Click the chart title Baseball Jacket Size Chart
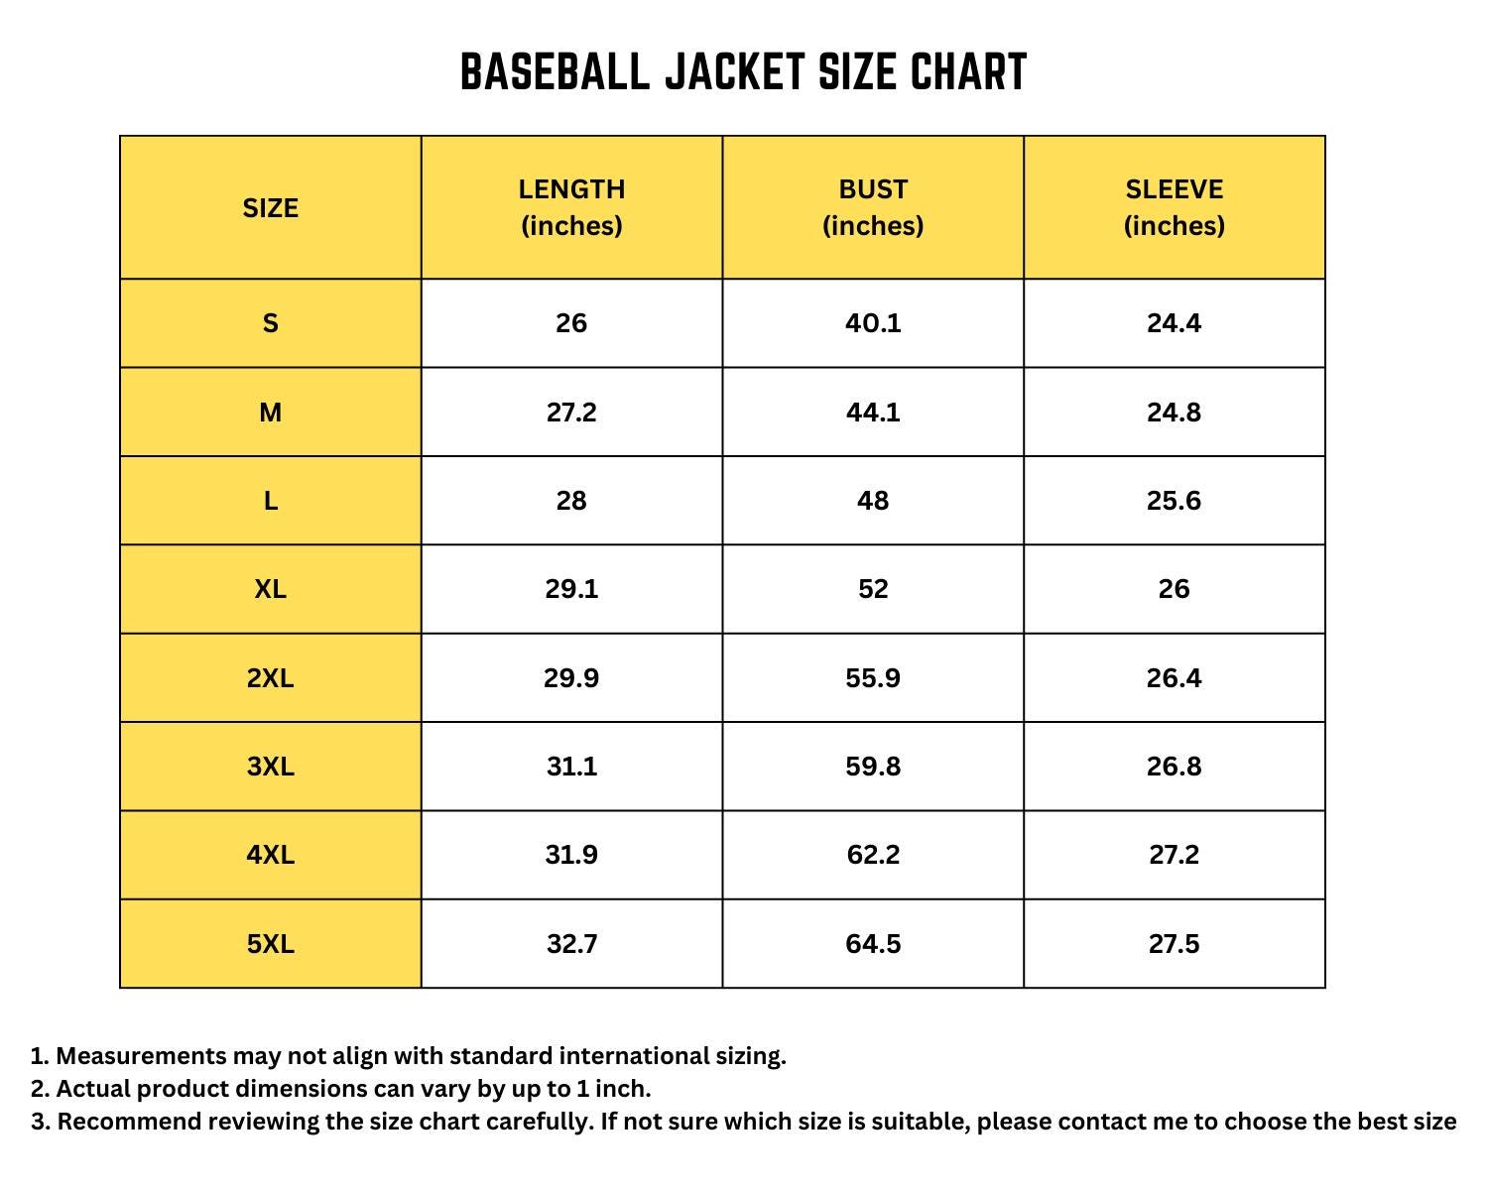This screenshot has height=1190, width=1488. pos(743,72)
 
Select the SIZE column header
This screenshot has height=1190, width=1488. pos(270,208)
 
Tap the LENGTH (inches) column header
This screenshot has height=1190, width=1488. pos(571,207)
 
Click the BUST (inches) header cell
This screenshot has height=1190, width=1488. pos(873,207)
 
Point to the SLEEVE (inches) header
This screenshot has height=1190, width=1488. pos(1174,207)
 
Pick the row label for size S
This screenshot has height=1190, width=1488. pos(270,323)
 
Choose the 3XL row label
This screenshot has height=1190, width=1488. pos(270,767)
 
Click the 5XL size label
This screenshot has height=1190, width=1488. pos(270,944)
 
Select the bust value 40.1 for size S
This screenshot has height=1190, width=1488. pos(873,323)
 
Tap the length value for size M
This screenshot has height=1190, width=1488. pos(571,413)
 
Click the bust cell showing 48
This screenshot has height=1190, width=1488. pos(873,501)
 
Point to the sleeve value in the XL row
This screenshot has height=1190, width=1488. pos(1174,589)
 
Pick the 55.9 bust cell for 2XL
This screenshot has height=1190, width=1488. pos(873,678)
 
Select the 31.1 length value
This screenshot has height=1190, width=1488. pos(571,767)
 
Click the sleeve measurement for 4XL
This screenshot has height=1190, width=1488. pos(1174,855)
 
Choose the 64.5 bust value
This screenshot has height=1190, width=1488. pos(873,944)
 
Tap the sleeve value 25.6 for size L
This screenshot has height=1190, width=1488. pos(1174,501)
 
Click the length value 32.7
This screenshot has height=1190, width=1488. pos(571,944)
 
